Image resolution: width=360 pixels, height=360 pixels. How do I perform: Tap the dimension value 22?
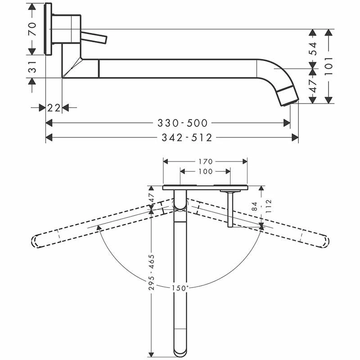coord(54,108)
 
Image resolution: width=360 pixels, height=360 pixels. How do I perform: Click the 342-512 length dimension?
coord(185,138)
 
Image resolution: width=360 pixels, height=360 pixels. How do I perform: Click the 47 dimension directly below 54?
coord(314,85)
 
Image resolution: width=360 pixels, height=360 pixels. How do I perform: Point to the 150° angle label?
coord(180,288)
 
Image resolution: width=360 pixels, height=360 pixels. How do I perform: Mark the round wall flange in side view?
coord(48,29)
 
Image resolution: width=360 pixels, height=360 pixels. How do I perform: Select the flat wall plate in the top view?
coord(205,186)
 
